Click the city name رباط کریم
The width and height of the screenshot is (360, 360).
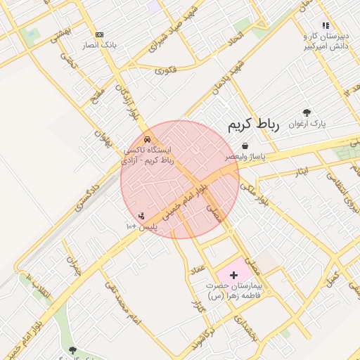[254, 125]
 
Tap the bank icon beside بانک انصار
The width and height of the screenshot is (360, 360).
[99, 34]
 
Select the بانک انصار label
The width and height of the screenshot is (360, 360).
[99, 45]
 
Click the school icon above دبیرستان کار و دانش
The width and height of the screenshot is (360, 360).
[326, 25]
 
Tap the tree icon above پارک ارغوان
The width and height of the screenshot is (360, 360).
[307, 112]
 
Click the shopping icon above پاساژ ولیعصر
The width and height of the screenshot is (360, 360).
[244, 146]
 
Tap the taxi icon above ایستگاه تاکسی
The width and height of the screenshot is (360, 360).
[147, 139]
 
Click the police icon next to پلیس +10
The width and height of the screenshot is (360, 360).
[141, 216]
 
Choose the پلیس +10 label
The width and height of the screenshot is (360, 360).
[141, 227]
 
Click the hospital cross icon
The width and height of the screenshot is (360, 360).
[234, 274]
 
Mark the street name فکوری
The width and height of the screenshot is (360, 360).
[166, 70]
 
